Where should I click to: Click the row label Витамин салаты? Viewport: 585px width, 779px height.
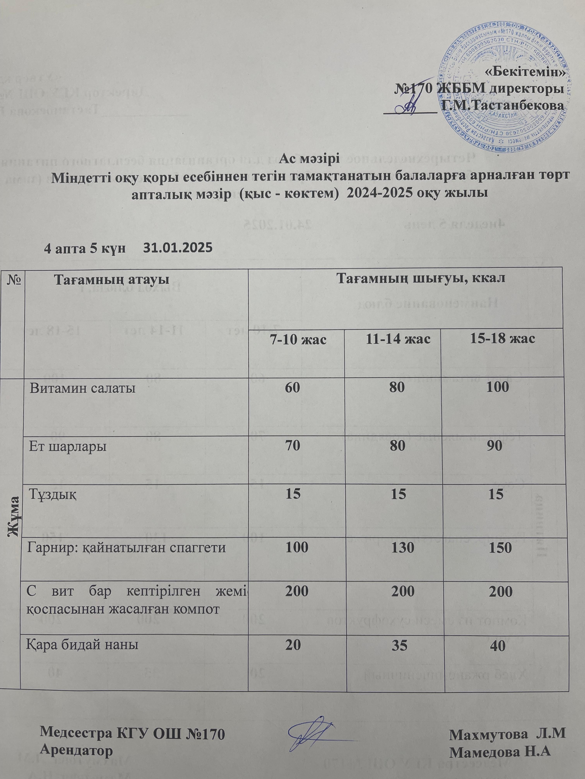[x=83, y=389]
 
